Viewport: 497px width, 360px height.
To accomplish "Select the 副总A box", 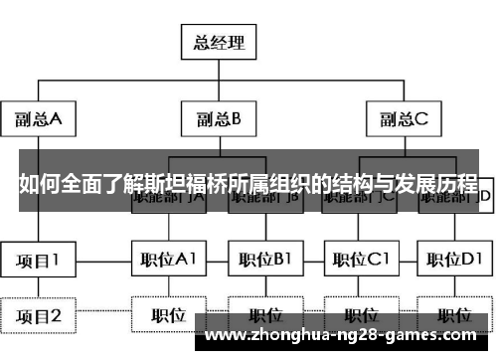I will coord(39,120).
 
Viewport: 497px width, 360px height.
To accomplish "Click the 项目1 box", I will coord(39,261).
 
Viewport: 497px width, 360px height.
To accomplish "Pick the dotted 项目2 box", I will coord(39,316).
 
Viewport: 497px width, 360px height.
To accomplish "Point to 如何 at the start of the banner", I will coord(36,185).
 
